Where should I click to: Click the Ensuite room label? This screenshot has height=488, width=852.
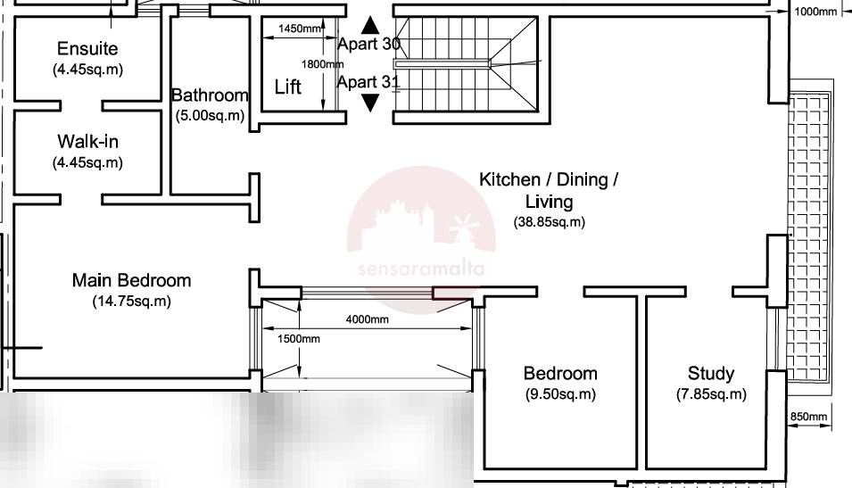(87, 48)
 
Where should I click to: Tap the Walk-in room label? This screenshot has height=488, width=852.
(87, 141)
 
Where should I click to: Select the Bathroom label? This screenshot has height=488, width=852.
(210, 95)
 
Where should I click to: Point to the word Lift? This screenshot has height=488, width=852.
(287, 87)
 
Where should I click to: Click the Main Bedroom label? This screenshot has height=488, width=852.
(131, 280)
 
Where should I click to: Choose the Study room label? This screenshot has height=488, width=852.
(711, 373)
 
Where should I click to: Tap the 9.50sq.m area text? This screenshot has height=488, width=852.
(560, 394)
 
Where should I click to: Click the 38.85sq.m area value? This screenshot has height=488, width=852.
(550, 222)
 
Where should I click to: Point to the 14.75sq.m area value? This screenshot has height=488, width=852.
(131, 301)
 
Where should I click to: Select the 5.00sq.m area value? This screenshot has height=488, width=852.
(210, 115)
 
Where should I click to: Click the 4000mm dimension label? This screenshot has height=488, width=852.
(368, 319)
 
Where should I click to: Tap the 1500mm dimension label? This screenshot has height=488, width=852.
(298, 338)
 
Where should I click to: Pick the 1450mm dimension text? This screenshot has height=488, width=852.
(300, 29)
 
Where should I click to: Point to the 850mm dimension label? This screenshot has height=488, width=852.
(808, 417)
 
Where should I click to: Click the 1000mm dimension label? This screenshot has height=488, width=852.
(815, 12)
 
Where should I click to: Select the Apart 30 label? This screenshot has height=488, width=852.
(369, 44)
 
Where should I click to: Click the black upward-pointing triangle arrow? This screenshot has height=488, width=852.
(370, 25)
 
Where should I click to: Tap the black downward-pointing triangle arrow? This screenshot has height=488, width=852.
(370, 103)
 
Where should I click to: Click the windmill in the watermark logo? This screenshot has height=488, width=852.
(461, 227)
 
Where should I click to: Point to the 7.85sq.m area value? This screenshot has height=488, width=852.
(711, 394)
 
